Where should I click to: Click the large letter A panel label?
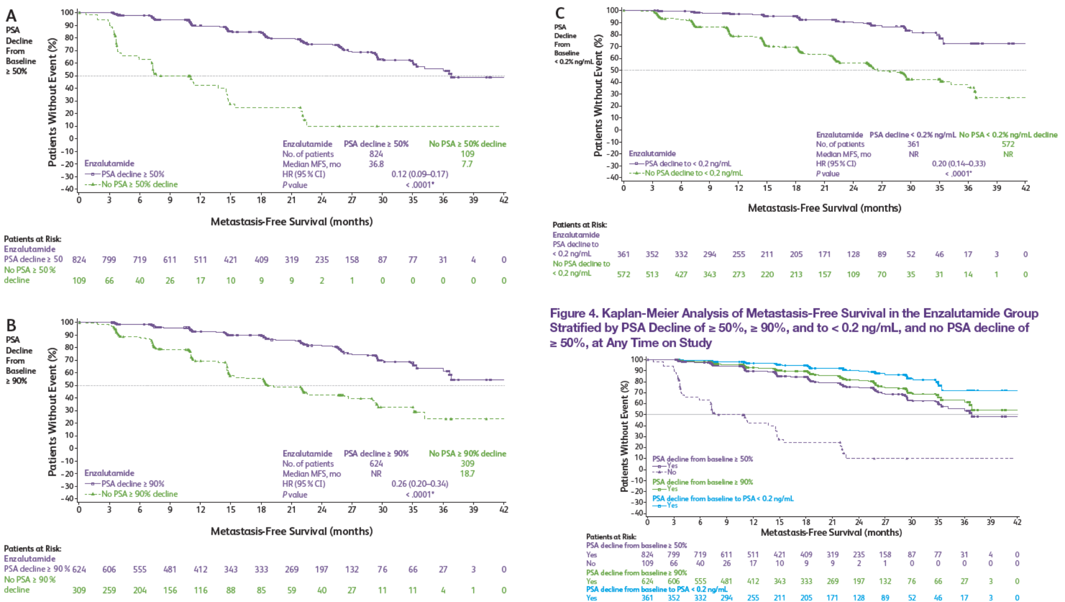[x=11, y=16]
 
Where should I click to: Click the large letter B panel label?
[x=11, y=326]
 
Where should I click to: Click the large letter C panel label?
[x=560, y=13]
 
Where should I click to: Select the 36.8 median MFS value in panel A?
[x=376, y=164]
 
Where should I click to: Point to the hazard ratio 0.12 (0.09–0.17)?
[x=420, y=174]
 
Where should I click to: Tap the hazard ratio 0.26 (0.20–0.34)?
[x=420, y=484]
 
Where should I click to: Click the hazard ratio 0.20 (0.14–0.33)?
[x=958, y=163]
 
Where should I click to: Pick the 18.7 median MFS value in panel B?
[x=467, y=473]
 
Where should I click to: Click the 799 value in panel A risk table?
[x=109, y=259]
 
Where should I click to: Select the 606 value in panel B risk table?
[x=109, y=569]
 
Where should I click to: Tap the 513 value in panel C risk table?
[x=652, y=274]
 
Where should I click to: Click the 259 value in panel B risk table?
[x=109, y=590]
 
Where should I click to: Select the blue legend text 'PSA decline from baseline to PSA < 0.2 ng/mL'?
[x=723, y=498]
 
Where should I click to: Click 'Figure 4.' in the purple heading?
[x=574, y=313]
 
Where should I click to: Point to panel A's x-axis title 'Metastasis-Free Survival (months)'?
[x=291, y=221]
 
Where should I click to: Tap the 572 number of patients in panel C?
[x=1008, y=144]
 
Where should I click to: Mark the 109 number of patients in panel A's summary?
[x=467, y=154]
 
